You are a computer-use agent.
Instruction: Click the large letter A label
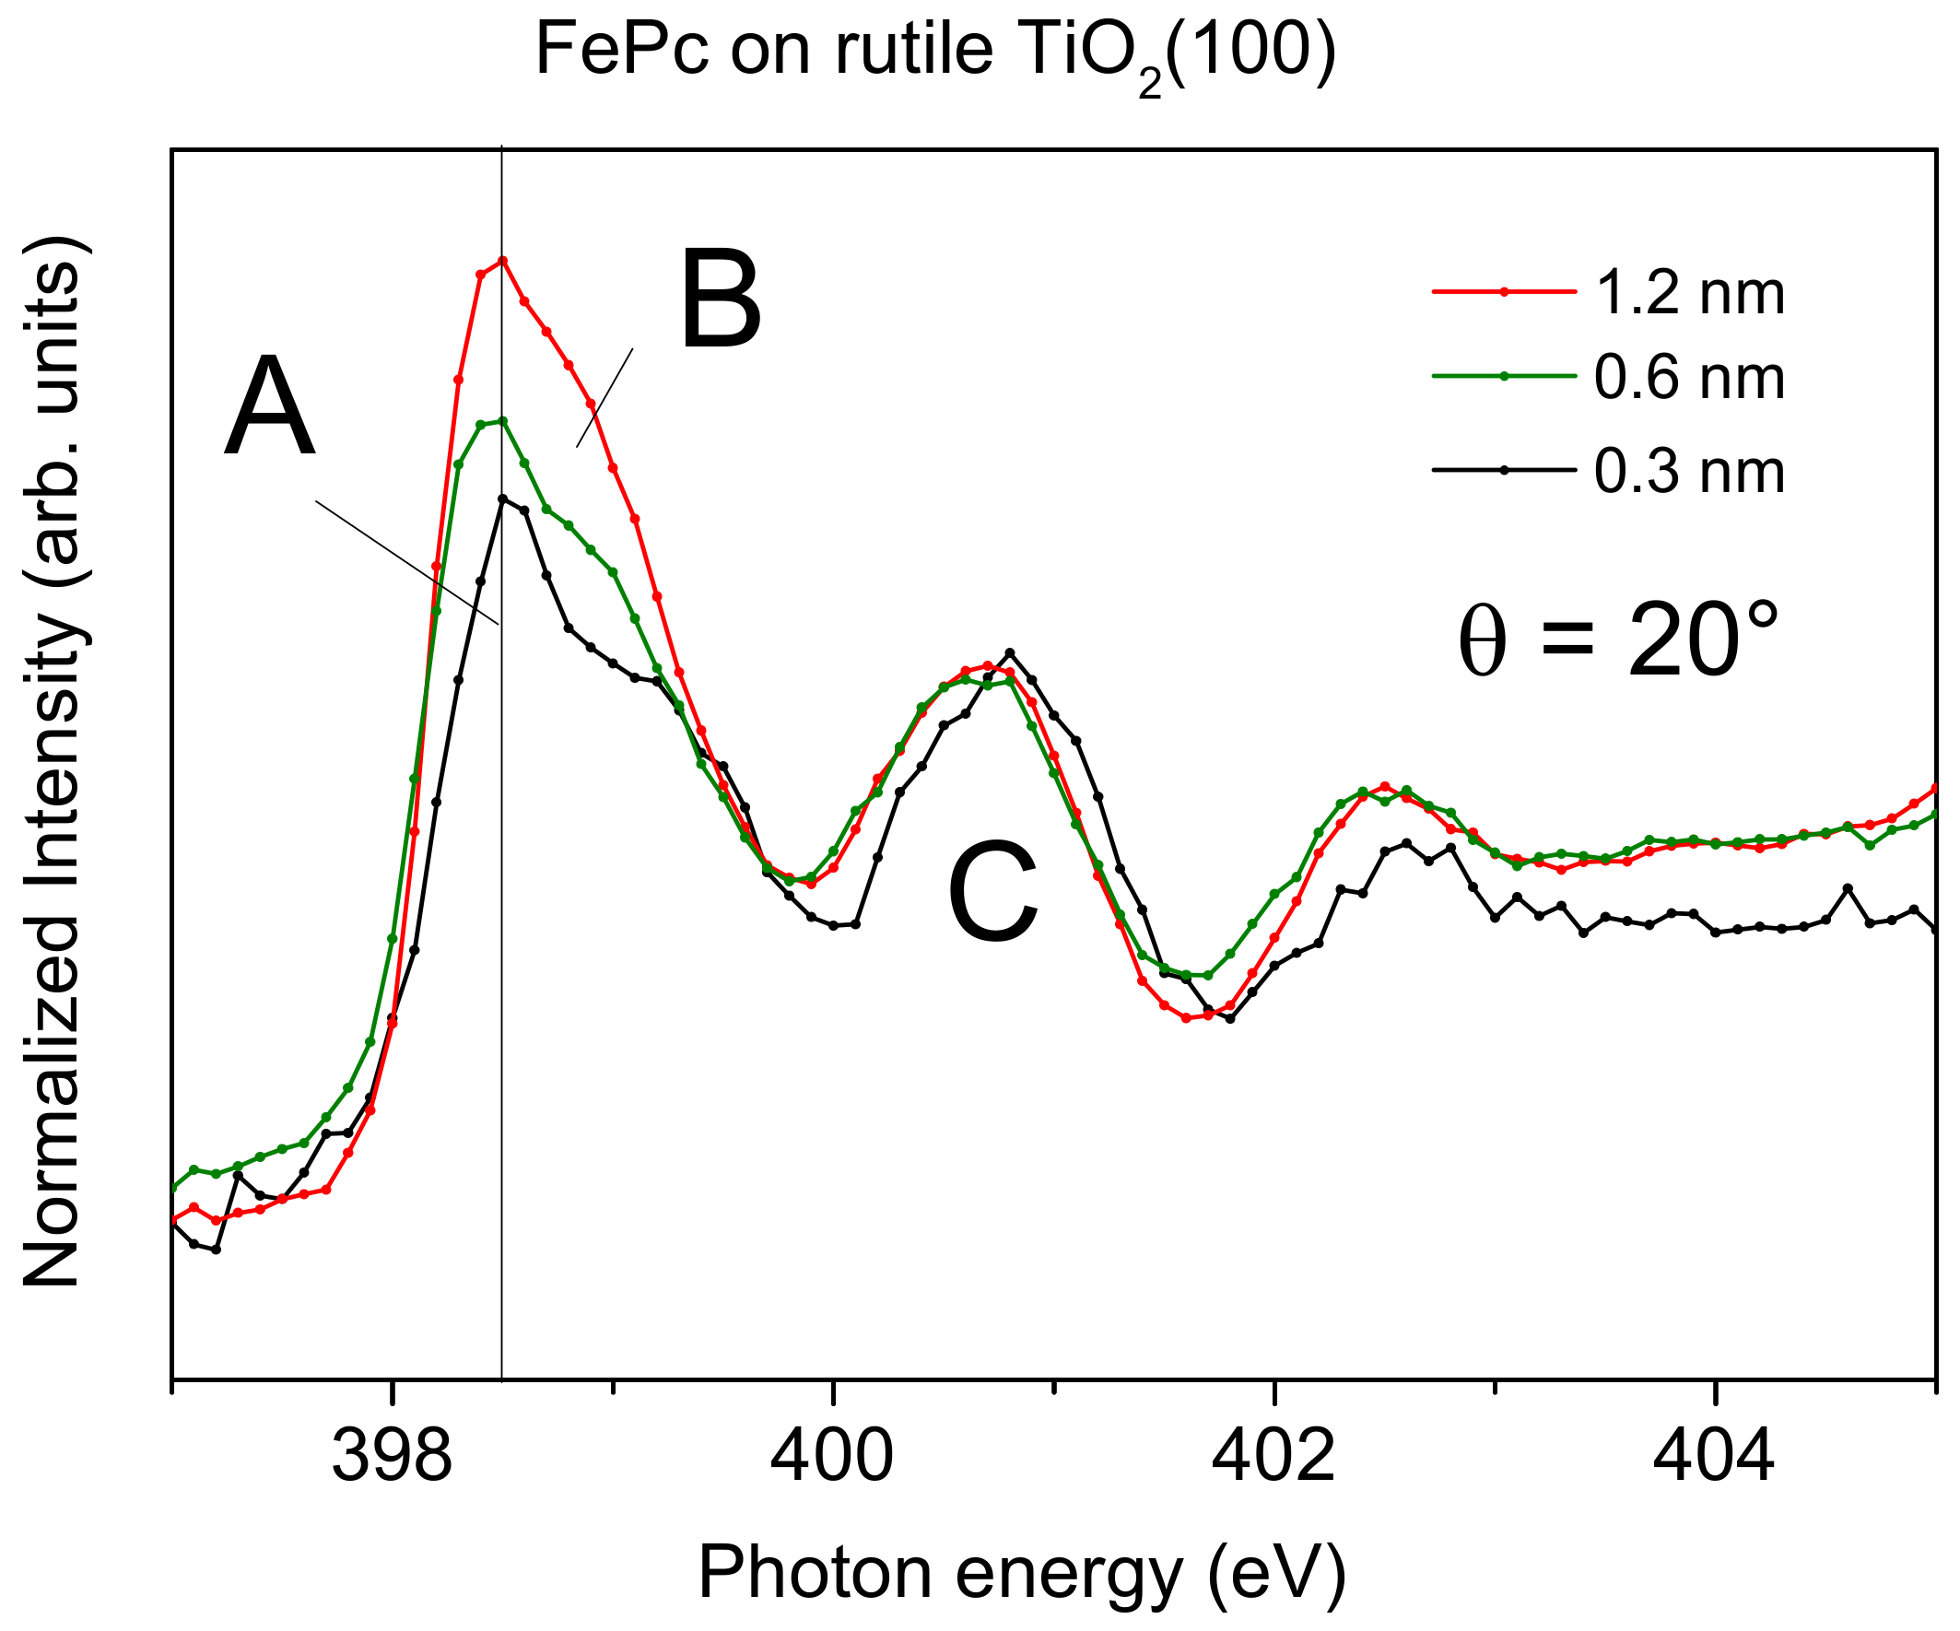pos(269,407)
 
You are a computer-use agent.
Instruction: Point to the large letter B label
pos(721,301)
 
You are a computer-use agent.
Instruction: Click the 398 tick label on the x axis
pos(392,1458)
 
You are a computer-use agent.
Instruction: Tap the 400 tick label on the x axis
pos(832,1458)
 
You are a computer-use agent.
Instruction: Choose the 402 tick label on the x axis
pos(1273,1458)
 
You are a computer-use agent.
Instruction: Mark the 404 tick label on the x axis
pos(1714,1458)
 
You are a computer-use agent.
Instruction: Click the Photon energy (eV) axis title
pos(1022,1573)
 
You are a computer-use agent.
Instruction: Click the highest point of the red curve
pos(502,261)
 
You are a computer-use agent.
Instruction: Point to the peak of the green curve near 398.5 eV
pos(502,421)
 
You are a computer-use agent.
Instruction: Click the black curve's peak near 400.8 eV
pos(1009,652)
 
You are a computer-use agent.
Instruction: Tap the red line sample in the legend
pos(1504,293)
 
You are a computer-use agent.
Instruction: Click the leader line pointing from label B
pos(604,397)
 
